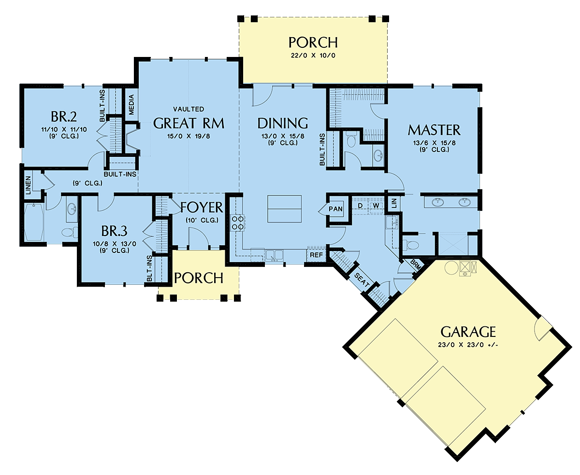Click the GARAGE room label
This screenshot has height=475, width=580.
point(468,332)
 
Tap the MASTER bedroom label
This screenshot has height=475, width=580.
point(434,130)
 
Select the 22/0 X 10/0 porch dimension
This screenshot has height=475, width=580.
point(313,56)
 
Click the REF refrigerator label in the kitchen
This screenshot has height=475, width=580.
point(316,255)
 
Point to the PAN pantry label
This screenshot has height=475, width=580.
point(335,209)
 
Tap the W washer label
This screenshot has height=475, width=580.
point(376,206)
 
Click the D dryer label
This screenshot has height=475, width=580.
point(360,206)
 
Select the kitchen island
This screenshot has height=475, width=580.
point(284,209)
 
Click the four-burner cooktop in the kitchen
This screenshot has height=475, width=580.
point(238,223)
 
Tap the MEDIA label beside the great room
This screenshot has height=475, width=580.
point(131,105)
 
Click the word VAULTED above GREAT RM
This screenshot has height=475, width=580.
point(188,109)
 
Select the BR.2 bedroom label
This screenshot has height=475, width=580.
point(64,117)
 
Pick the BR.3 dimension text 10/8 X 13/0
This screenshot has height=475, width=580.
point(115,244)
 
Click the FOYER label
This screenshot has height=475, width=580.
point(202,208)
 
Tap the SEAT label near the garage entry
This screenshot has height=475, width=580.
point(362,280)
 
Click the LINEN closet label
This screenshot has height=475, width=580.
point(29,185)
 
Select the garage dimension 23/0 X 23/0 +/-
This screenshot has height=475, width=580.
point(468,345)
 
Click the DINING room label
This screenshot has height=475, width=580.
point(283,124)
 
